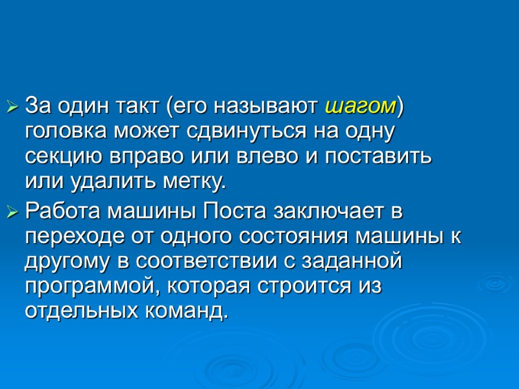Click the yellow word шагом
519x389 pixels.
(x=359, y=105)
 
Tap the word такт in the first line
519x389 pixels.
(x=140, y=105)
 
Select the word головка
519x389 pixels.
(x=64, y=132)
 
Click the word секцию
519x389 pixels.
(x=58, y=158)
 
